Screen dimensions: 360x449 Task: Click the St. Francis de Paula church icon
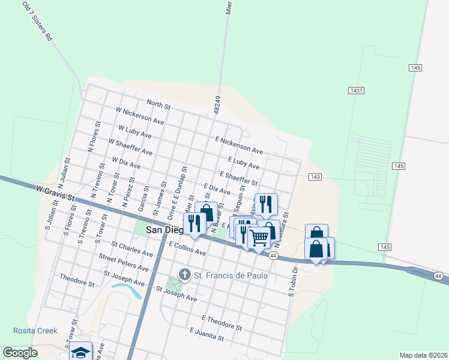(x=184, y=275)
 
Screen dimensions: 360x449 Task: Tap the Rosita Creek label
(x=35, y=331)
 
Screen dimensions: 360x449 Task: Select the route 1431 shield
(x=356, y=90)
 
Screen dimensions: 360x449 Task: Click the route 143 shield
(x=315, y=177)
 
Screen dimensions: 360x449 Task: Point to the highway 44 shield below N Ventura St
(x=273, y=256)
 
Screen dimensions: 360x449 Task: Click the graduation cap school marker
(x=81, y=352)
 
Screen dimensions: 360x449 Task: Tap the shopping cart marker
(x=259, y=237)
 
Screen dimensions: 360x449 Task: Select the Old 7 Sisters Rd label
(x=37, y=21)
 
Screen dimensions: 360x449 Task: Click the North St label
(x=158, y=104)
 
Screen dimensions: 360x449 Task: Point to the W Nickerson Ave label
(x=140, y=116)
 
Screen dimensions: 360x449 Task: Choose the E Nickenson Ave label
(x=239, y=144)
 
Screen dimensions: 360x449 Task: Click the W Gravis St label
(x=55, y=193)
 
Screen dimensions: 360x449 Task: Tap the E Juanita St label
(x=206, y=334)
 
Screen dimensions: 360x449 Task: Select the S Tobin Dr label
(x=293, y=289)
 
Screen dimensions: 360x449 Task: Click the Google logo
(x=20, y=353)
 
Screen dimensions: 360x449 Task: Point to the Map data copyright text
(x=423, y=355)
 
